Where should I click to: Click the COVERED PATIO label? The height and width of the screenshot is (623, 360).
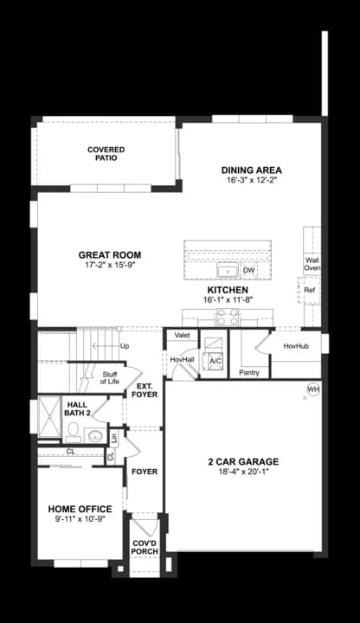click(x=106, y=155)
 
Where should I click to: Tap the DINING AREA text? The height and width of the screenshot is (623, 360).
click(x=252, y=170)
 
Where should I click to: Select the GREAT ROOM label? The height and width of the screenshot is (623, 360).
click(x=109, y=255)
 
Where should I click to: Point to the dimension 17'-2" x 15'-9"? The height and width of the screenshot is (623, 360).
click(x=109, y=267)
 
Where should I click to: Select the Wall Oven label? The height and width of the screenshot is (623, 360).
click(x=312, y=264)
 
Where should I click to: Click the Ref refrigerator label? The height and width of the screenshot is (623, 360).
click(x=309, y=291)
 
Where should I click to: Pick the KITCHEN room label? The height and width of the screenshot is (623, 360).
click(x=228, y=290)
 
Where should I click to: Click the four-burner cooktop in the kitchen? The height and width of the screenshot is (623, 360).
click(x=227, y=318)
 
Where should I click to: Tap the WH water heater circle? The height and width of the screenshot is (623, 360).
click(x=312, y=389)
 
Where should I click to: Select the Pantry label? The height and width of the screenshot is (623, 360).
click(x=249, y=372)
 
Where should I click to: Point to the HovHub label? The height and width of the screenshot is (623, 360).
click(x=296, y=346)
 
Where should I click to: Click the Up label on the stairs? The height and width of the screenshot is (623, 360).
click(x=125, y=346)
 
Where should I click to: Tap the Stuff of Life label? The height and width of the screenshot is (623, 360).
click(x=109, y=377)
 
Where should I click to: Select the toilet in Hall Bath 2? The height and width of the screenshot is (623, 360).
click(x=74, y=430)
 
